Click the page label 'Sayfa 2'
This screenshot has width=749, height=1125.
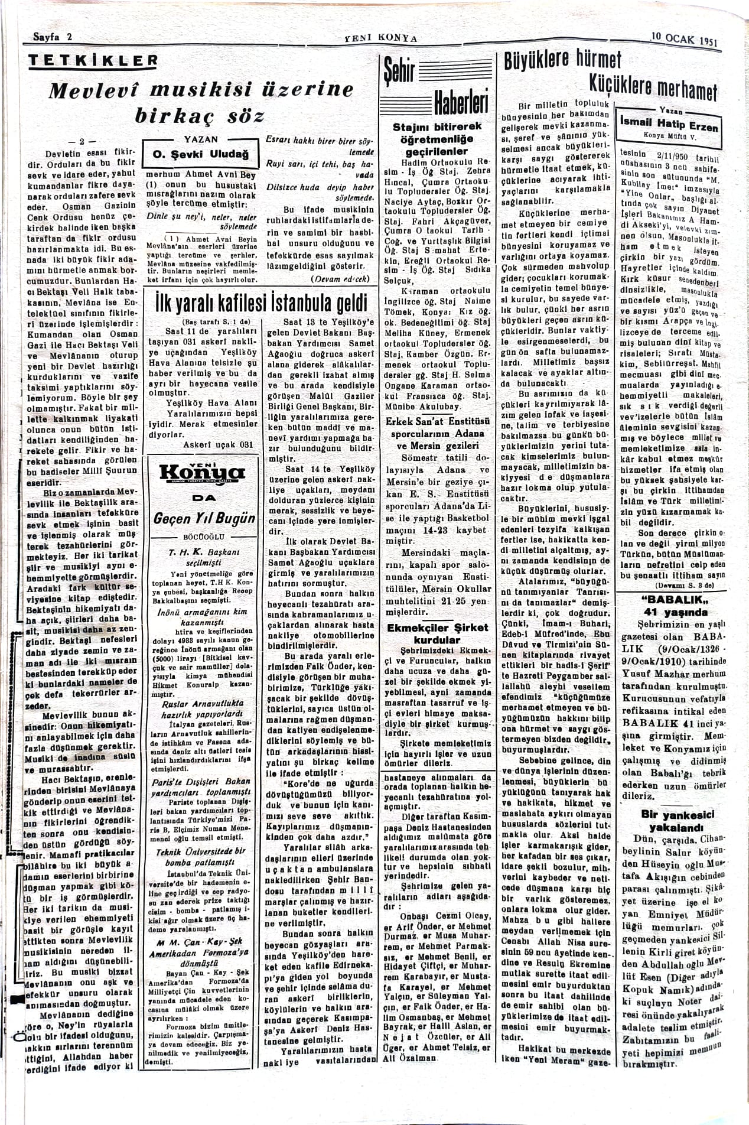coord(53,36)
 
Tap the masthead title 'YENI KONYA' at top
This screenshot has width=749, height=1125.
coord(380,38)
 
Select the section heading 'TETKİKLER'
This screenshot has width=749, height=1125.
coord(94,61)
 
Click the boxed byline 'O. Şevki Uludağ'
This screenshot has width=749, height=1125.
coord(201,155)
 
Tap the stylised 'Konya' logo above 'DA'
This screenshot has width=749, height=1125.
coord(203,473)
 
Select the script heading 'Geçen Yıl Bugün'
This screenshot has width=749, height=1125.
coord(204,518)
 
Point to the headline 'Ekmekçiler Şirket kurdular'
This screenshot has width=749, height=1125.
coord(437,633)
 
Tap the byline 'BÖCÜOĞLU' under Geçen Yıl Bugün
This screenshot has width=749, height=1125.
coord(202,537)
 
